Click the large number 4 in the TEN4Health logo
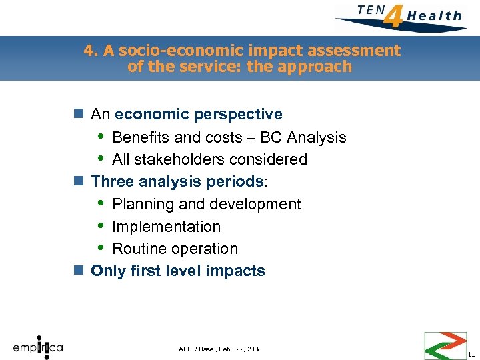[x=395, y=15]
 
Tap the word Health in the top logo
[x=434, y=15]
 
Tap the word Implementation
[x=166, y=227]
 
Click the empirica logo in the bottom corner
[x=37, y=347]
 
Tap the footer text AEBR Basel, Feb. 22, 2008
[x=220, y=349]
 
